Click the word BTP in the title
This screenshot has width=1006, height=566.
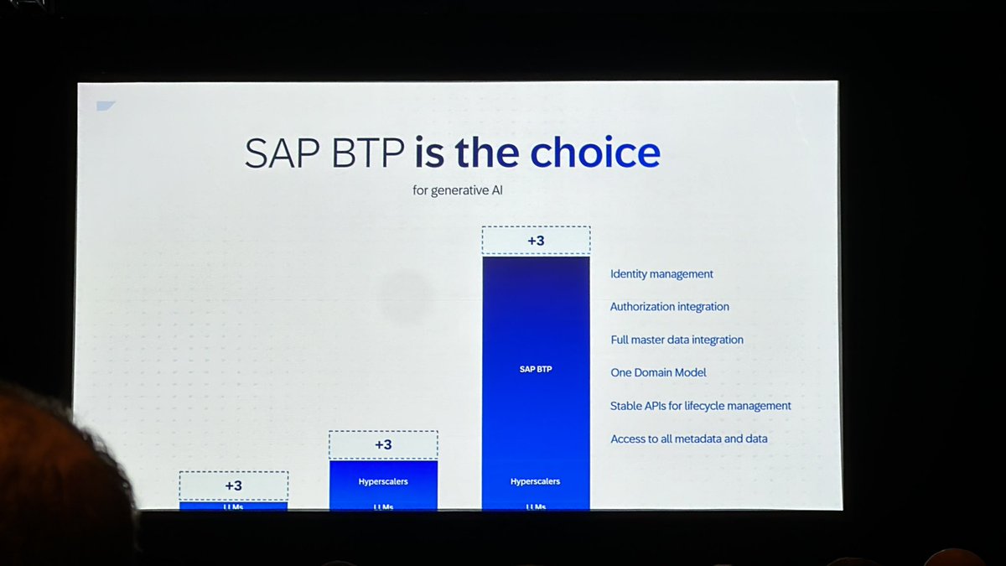(366, 153)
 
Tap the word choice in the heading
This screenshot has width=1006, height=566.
(595, 153)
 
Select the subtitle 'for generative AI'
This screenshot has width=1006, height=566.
(459, 190)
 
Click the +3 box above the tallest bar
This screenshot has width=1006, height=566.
(536, 241)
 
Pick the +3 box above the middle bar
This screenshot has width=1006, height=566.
(382, 444)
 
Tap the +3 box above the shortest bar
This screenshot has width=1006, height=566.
(233, 486)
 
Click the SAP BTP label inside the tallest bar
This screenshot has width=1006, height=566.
(536, 369)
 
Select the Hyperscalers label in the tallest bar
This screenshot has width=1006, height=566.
(536, 481)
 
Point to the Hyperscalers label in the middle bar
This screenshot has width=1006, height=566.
(382, 481)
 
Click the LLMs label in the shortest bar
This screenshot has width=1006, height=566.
(233, 506)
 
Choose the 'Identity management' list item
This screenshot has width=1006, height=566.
(661, 273)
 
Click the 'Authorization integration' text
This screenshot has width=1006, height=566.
(669, 307)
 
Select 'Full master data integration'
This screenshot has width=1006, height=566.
(677, 340)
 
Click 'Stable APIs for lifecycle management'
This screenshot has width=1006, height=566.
(700, 406)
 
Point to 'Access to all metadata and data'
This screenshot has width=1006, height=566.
(688, 439)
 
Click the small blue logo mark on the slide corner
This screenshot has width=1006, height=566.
(106, 106)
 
